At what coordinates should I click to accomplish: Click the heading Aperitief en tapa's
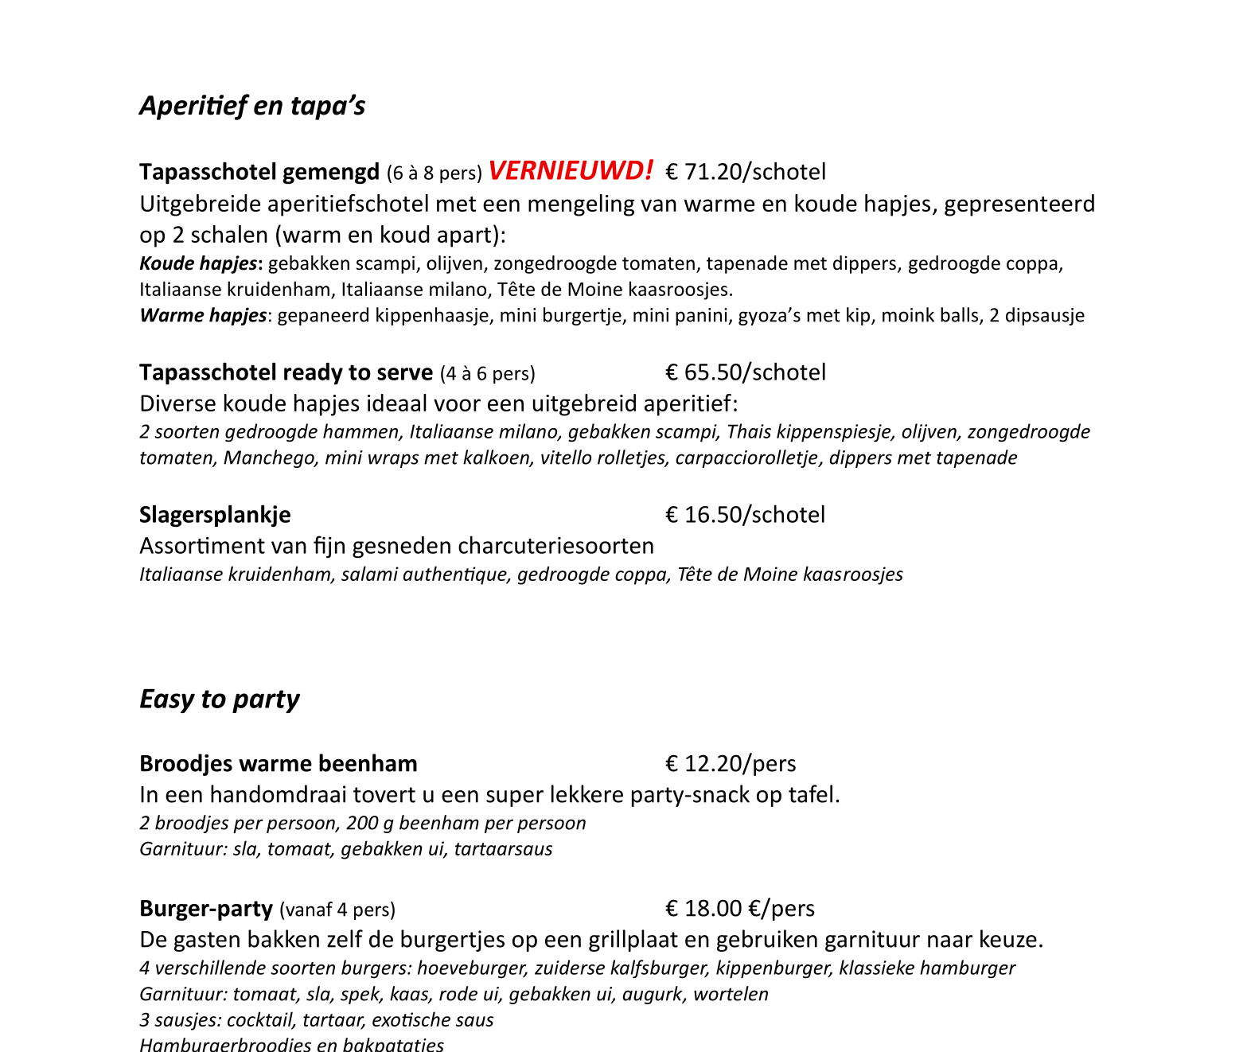pos(252,106)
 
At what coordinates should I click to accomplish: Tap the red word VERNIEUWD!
pos(571,171)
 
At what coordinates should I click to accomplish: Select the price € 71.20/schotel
pos(746,172)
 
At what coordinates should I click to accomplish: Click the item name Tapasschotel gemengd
pos(259,172)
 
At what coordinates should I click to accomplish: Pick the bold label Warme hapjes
pos(203,315)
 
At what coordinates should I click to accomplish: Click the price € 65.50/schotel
pos(746,372)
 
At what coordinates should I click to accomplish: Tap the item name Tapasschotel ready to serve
pos(286,372)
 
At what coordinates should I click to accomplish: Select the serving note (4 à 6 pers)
pos(487,373)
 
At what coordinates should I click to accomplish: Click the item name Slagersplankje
pos(215,515)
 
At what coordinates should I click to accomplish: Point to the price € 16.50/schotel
pos(745,515)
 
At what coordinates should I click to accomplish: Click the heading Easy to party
pos(220,699)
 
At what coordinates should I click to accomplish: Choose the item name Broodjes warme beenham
pos(279,764)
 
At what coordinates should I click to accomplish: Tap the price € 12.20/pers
pos(731,764)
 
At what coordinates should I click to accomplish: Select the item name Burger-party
pos(206,909)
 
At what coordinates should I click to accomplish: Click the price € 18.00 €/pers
pos(740,909)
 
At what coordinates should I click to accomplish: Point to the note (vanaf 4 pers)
pos(337,910)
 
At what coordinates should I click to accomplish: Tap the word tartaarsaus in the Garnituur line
pos(503,849)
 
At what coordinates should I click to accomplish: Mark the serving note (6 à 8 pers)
pos(435,173)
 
